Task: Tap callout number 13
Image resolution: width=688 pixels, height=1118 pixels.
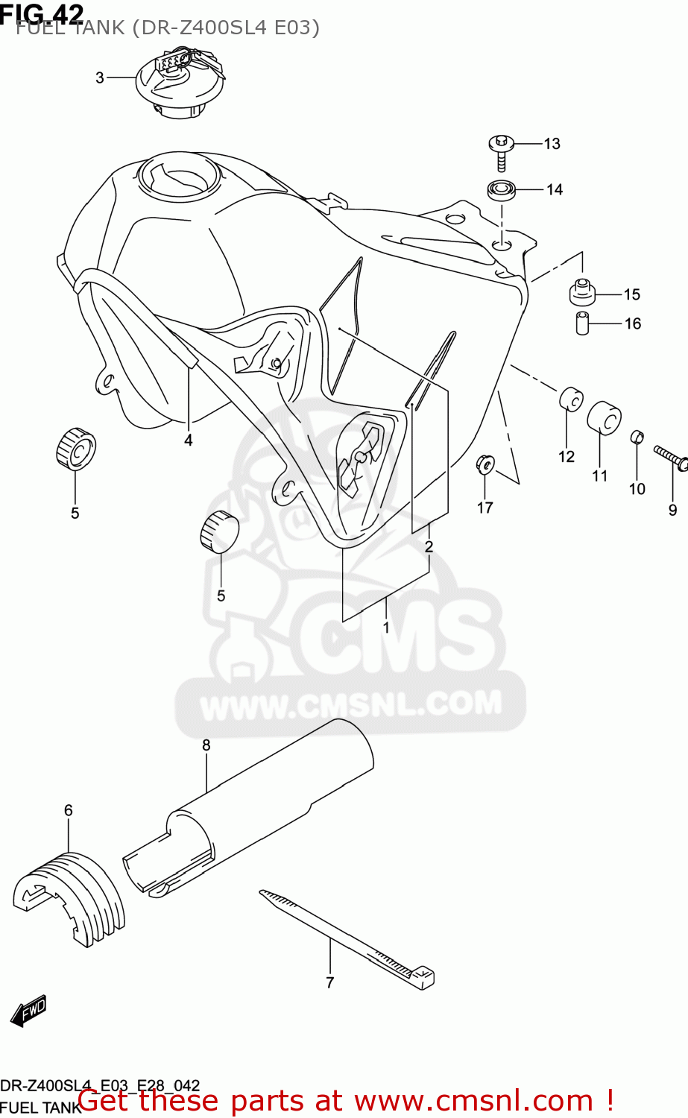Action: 552,144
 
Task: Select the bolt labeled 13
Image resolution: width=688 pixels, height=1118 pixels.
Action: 502,152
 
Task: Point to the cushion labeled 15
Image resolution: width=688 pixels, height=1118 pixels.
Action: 582,292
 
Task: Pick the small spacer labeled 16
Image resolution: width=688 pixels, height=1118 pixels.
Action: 583,324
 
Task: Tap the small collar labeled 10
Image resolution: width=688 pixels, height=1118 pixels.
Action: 637,437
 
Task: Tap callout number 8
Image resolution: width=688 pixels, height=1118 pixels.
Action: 206,745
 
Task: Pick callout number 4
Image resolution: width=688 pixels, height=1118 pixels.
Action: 189,440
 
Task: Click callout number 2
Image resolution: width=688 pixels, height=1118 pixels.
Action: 429,546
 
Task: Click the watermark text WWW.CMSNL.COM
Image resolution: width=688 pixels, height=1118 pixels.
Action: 351,704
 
